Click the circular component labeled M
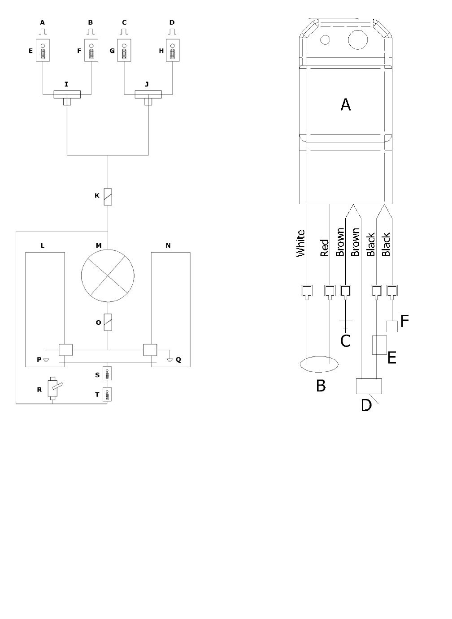[108, 275]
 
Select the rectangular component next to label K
[108, 197]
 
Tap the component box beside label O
[108, 322]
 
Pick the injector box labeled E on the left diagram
[43, 50]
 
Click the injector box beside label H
[173, 50]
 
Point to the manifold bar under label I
[67, 94]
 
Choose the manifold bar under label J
[148, 94]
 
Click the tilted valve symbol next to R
[54, 388]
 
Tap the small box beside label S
[107, 374]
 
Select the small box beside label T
[107, 394]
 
